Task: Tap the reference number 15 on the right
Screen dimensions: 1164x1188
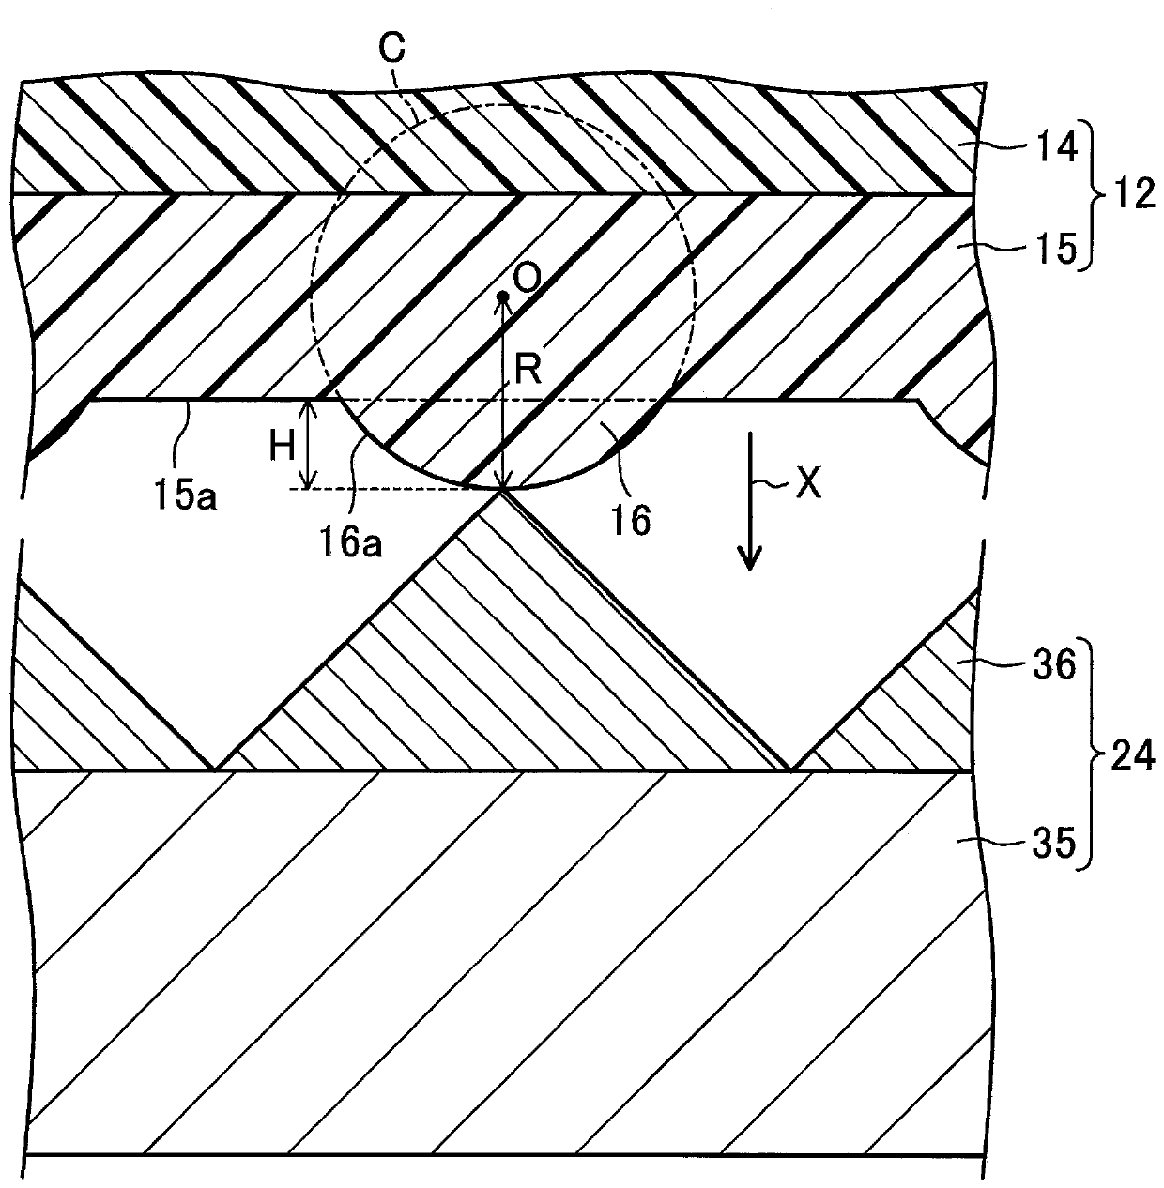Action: (1057, 250)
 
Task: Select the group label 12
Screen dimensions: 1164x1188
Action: (1134, 193)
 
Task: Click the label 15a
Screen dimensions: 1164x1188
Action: (185, 495)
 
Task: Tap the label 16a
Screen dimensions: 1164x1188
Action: (350, 542)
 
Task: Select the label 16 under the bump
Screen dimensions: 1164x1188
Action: (632, 520)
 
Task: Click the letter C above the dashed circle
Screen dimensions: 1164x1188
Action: (391, 48)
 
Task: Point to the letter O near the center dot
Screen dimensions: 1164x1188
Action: (528, 279)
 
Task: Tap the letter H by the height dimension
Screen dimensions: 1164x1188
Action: (283, 445)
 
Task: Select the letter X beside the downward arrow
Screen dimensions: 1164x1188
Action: (808, 484)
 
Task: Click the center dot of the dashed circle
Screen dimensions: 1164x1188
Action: (503, 297)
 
